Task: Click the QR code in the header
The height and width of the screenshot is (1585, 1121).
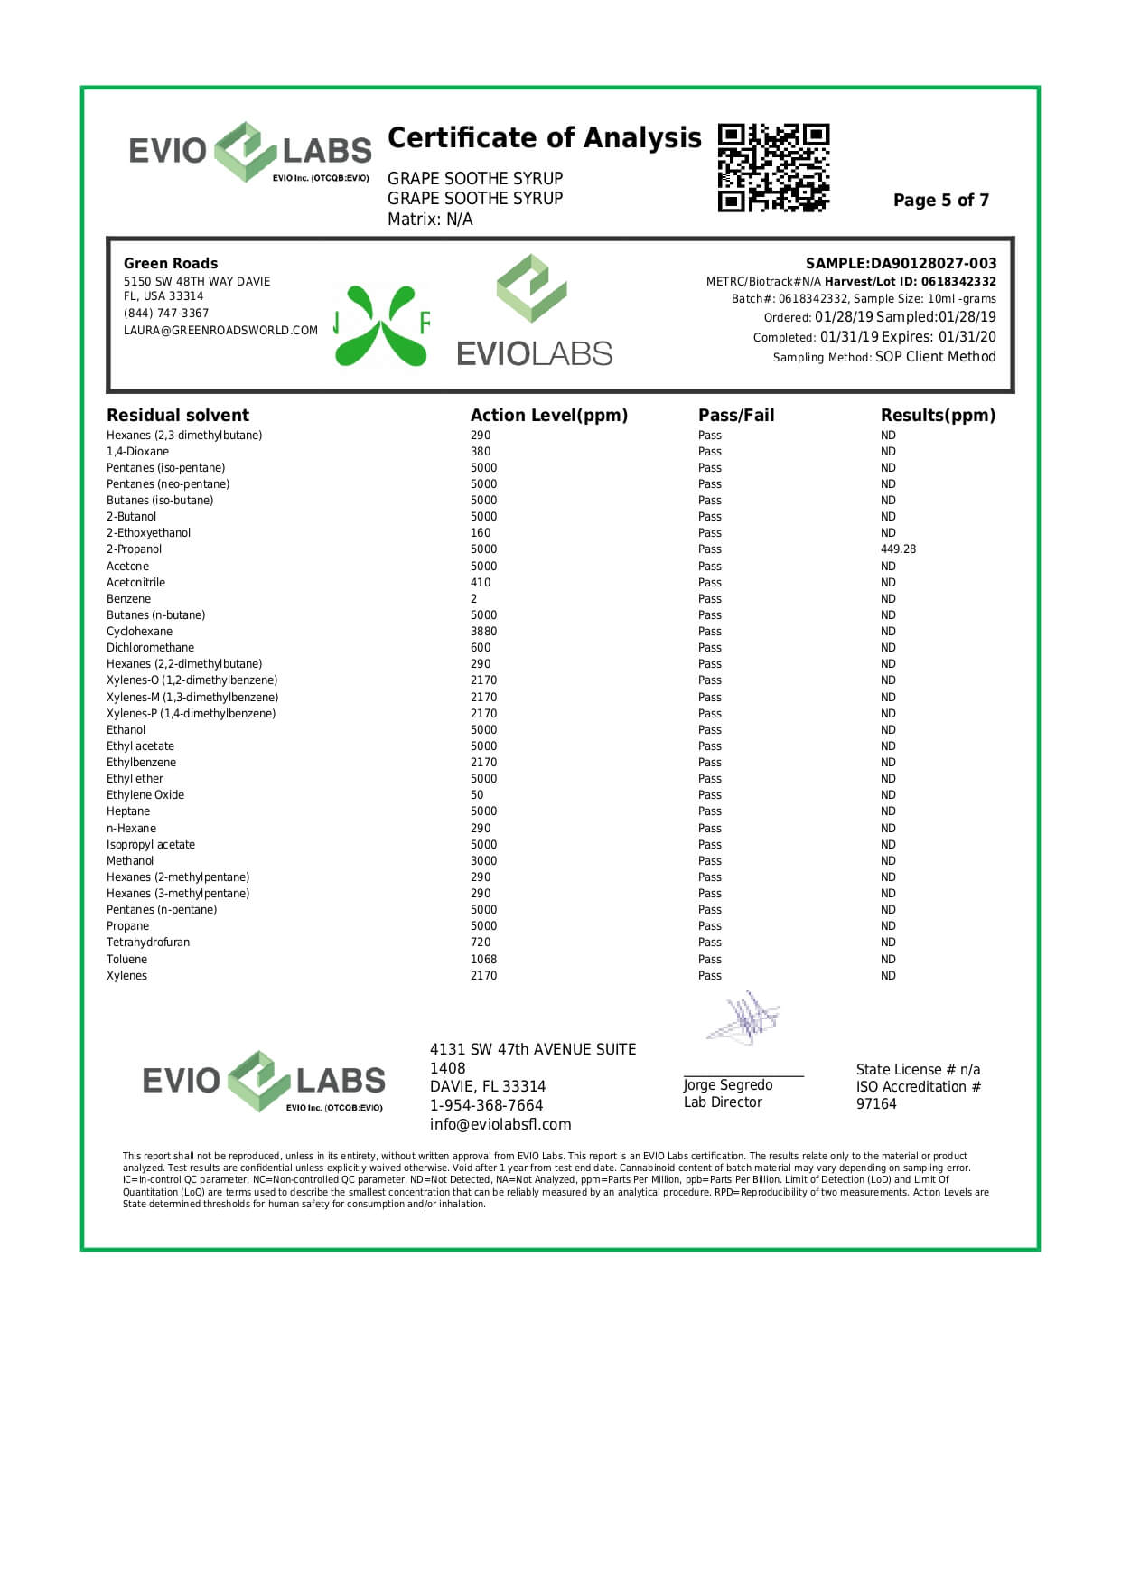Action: pos(773,167)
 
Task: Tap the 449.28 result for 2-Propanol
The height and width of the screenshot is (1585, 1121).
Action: pos(898,549)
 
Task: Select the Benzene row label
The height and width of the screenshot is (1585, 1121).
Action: pos(128,599)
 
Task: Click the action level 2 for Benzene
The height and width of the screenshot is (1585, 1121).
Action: pos(473,599)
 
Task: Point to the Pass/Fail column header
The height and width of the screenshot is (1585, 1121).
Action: pos(735,416)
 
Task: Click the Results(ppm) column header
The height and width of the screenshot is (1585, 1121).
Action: pos(938,416)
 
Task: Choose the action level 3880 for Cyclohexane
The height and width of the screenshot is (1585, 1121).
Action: pos(483,632)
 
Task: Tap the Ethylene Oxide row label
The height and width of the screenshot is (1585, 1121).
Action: pos(145,795)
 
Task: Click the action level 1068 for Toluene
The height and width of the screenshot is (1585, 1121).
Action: pos(483,960)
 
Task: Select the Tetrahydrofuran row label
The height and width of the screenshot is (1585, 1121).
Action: pos(148,943)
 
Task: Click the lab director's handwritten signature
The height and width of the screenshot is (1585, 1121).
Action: pos(743,1018)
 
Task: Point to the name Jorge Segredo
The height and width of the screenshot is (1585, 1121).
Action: pos(727,1085)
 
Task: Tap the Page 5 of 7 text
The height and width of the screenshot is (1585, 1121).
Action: pos(940,201)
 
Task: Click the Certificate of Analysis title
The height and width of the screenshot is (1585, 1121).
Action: pos(544,138)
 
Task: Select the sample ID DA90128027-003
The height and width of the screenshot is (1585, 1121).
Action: pos(933,264)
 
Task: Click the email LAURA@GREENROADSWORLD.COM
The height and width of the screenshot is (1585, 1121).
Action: pos(220,331)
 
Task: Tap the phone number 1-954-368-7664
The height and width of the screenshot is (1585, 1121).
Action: pos(486,1106)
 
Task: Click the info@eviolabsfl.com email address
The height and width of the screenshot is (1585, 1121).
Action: pos(500,1125)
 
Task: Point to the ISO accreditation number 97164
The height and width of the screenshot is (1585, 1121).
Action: pos(876,1104)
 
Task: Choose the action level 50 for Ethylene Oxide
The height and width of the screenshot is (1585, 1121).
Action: pos(477,795)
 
